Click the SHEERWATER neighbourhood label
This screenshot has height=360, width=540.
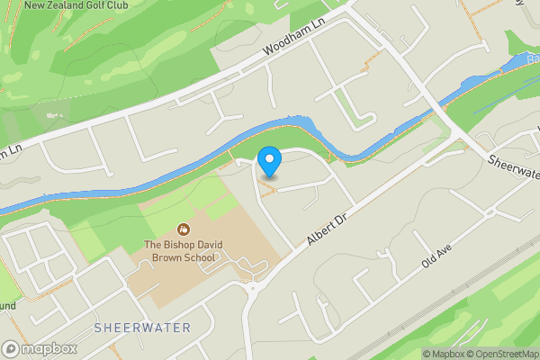pyautogui.click(x=142, y=328)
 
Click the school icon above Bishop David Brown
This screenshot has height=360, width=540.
pyautogui.click(x=184, y=229)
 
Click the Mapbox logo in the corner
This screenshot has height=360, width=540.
pyautogui.click(x=39, y=348)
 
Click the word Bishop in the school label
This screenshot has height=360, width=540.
pyautogui.click(x=186, y=245)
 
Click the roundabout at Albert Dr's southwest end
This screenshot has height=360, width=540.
pyautogui.click(x=251, y=288)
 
